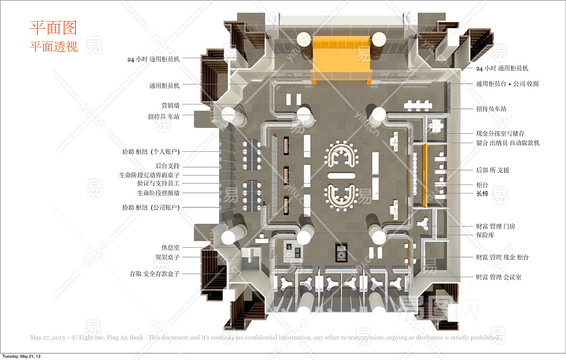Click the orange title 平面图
pyautogui.click(x=53, y=28)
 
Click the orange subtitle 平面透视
pyautogui.click(x=54, y=47)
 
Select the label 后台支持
pyautogui.click(x=167, y=166)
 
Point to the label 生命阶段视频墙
pyautogui.click(x=158, y=193)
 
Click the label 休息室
pyautogui.click(x=170, y=247)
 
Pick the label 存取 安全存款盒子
pyautogui.click(x=154, y=274)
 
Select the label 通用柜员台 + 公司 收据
pyautogui.click(x=507, y=84)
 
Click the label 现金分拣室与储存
pyautogui.click(x=501, y=133)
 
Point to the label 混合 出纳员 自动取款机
pyautogui.click(x=508, y=143)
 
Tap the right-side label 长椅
pyautogui.click(x=482, y=194)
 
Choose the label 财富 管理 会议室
pyautogui.click(x=498, y=277)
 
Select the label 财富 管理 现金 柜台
pyautogui.click(x=502, y=257)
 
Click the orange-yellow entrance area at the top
pyautogui.click(x=341, y=57)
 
